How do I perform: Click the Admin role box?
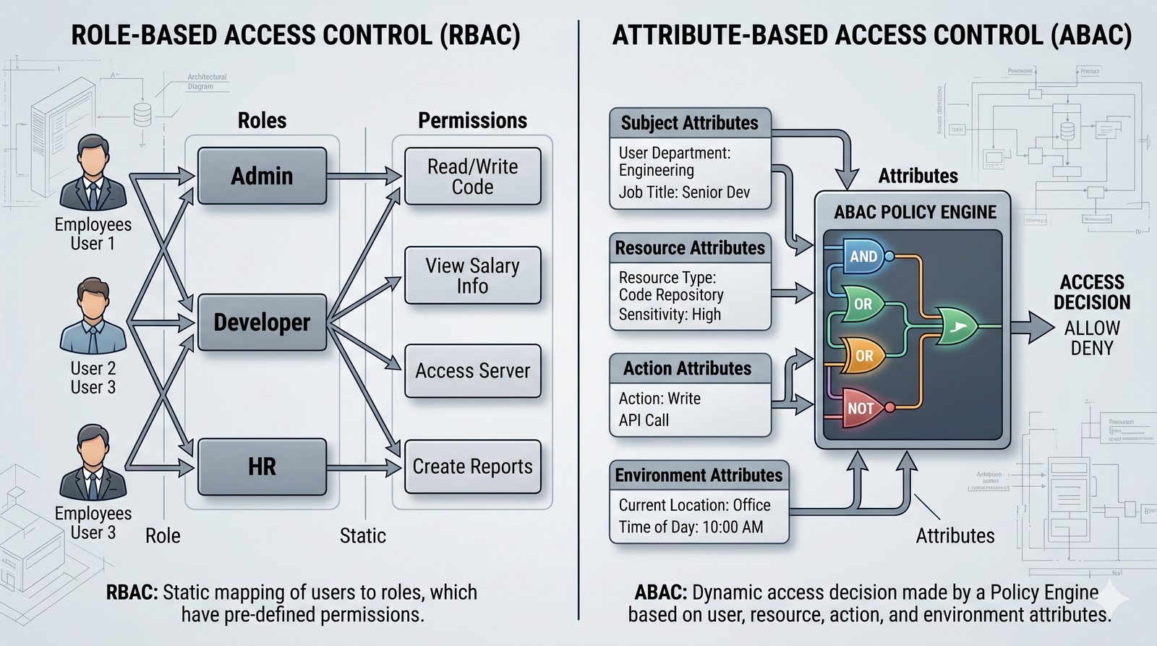click(x=262, y=176)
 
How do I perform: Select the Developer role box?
click(x=262, y=323)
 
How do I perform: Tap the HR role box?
click(x=262, y=467)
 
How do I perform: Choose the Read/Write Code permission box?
click(x=472, y=177)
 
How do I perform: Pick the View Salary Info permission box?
click(x=472, y=276)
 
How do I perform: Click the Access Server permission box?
click(x=472, y=371)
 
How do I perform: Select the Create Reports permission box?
click(x=472, y=467)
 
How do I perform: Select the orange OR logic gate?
click(x=864, y=356)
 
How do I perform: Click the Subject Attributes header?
click(x=690, y=123)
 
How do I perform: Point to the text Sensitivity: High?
click(x=670, y=315)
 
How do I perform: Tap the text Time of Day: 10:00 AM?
click(x=691, y=527)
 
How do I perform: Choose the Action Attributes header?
click(x=688, y=369)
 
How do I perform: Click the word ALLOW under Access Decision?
click(x=1092, y=328)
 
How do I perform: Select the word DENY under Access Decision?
click(x=1092, y=348)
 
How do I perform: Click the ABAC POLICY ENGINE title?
click(x=915, y=212)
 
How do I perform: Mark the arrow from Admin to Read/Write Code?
click(x=364, y=176)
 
